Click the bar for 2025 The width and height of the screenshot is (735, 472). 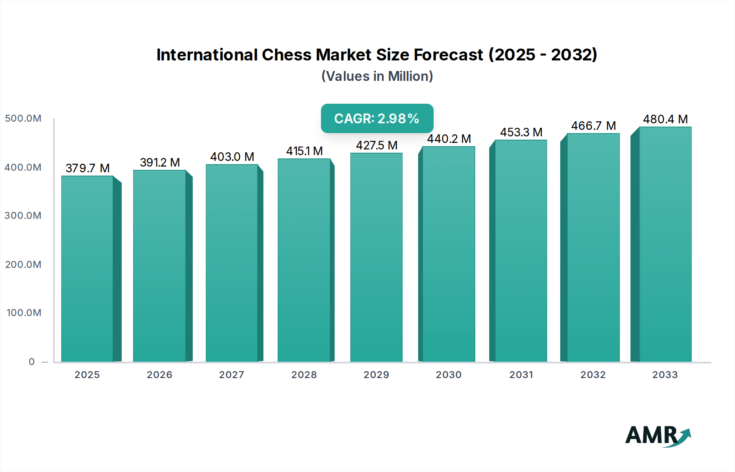click(87, 269)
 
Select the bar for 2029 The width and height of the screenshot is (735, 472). click(376, 257)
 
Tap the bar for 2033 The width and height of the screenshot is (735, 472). click(665, 245)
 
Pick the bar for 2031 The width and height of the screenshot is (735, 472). click(521, 251)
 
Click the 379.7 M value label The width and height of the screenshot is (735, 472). click(87, 168)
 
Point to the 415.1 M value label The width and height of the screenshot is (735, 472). click(304, 151)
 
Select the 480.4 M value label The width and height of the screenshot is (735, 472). click(665, 119)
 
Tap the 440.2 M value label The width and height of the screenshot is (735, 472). click(449, 139)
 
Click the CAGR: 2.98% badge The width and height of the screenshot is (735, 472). click(377, 118)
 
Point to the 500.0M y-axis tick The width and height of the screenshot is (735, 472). click(23, 118)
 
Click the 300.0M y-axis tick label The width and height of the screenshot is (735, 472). click(23, 216)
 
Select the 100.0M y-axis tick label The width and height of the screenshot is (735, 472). click(24, 313)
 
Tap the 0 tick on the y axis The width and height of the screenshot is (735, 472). click(32, 362)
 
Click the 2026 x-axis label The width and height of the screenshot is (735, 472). click(160, 375)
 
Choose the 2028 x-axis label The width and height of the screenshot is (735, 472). click(304, 375)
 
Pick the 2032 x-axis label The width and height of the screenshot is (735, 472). click(593, 375)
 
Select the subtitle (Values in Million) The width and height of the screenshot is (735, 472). click(377, 76)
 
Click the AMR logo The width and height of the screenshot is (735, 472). click(657, 435)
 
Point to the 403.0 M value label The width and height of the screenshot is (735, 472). click(232, 157)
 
